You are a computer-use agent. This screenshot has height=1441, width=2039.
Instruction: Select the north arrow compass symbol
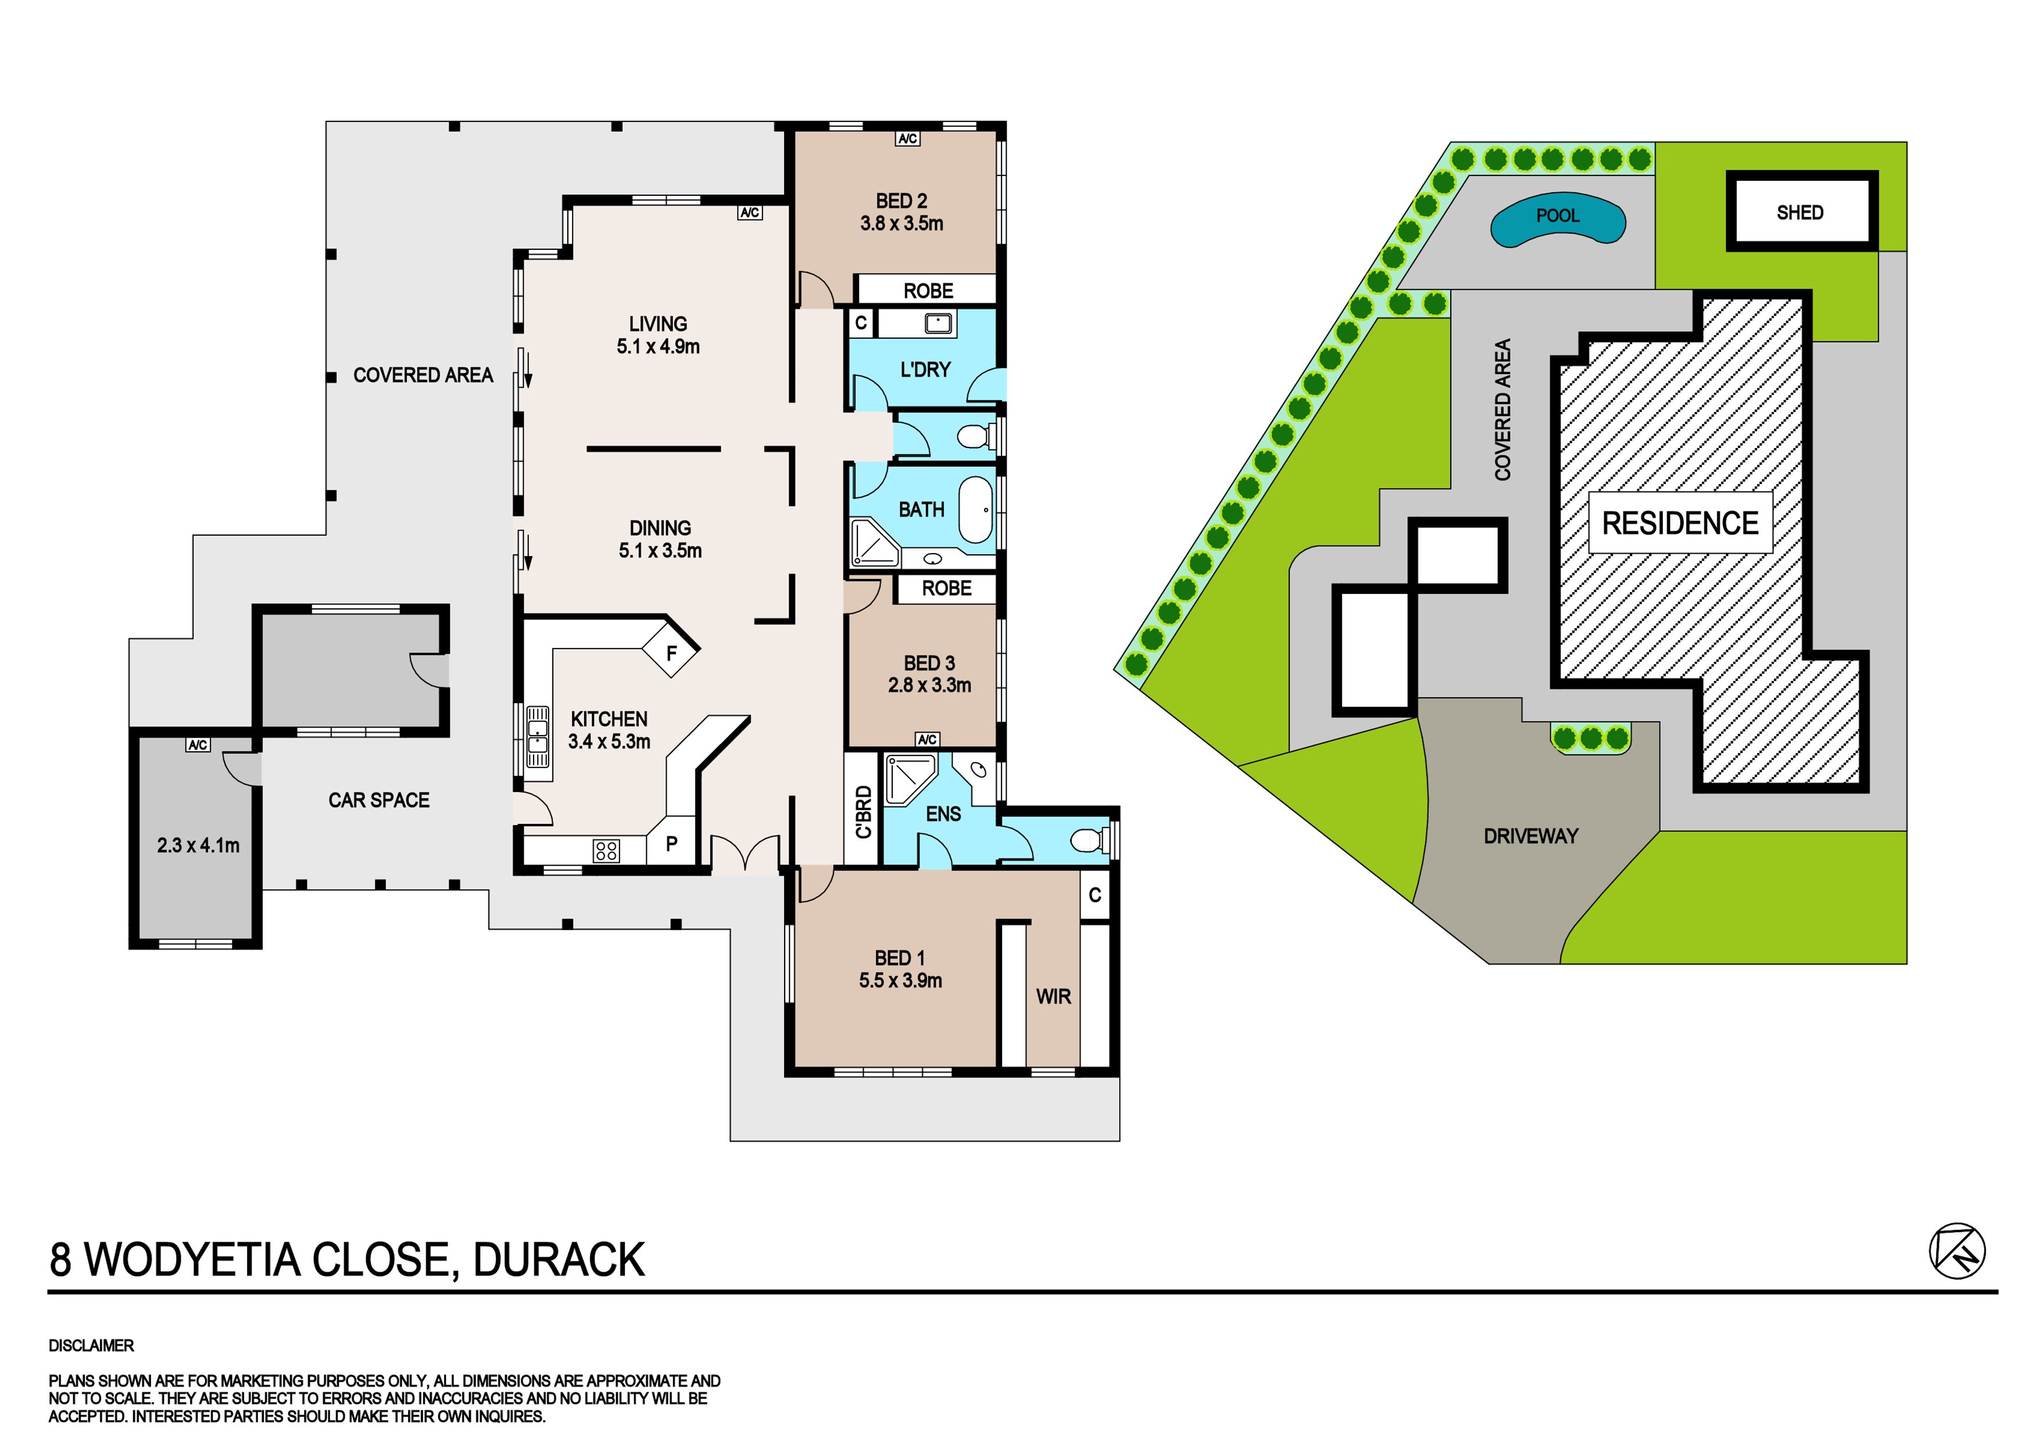[x=1957, y=1252]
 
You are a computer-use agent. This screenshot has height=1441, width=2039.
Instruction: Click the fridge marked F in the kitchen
[x=671, y=653]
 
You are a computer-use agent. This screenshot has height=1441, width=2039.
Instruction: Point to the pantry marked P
[x=671, y=844]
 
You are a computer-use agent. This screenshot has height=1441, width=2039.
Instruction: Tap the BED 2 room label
[x=902, y=212]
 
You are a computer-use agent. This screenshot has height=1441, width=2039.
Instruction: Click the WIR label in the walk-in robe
[x=1053, y=997]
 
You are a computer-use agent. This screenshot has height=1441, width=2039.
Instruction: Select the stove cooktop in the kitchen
[x=607, y=851]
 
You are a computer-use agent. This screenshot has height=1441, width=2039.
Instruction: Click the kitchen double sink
[x=537, y=736]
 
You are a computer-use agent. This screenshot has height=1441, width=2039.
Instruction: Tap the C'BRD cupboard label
[x=863, y=812]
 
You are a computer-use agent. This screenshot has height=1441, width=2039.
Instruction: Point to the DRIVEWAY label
[x=1531, y=836]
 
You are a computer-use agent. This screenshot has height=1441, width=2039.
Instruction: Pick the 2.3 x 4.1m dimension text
[x=198, y=845]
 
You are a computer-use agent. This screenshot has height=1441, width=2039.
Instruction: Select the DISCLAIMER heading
[x=91, y=1346]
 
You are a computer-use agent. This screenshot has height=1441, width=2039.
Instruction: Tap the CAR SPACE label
[x=379, y=800]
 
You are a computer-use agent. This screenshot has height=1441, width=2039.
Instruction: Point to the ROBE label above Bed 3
[x=947, y=588]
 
